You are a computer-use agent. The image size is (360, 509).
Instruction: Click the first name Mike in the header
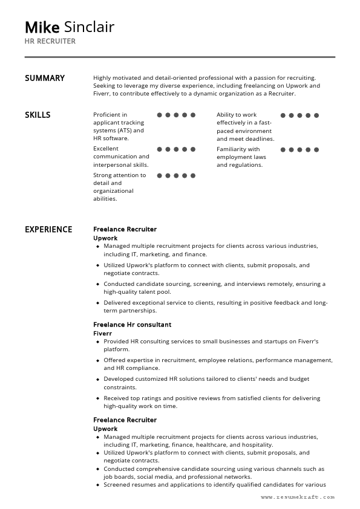click(x=42, y=27)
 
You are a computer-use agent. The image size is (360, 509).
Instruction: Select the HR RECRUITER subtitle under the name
click(x=50, y=41)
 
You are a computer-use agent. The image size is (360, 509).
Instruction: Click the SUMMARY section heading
click(x=44, y=78)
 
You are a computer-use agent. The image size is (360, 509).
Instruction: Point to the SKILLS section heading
click(x=38, y=115)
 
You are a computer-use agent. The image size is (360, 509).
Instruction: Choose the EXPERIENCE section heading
click(x=48, y=230)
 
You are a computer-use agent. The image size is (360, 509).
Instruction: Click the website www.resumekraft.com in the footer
click(x=298, y=497)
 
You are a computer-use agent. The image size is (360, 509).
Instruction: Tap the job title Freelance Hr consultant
click(x=132, y=325)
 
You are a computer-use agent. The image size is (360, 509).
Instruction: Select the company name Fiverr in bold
click(x=103, y=333)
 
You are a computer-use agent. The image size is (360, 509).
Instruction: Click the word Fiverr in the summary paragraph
click(x=103, y=94)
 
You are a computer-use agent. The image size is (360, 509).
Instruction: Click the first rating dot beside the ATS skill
click(x=160, y=115)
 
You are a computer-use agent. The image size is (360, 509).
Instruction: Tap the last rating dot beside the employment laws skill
click(x=316, y=149)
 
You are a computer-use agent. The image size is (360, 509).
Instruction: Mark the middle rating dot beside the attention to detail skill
click(x=177, y=176)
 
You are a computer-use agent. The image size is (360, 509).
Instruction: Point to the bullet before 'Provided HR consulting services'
click(x=98, y=342)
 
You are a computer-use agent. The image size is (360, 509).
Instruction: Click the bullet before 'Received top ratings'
click(x=98, y=398)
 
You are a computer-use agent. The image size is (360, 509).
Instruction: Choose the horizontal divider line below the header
click(x=180, y=57)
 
